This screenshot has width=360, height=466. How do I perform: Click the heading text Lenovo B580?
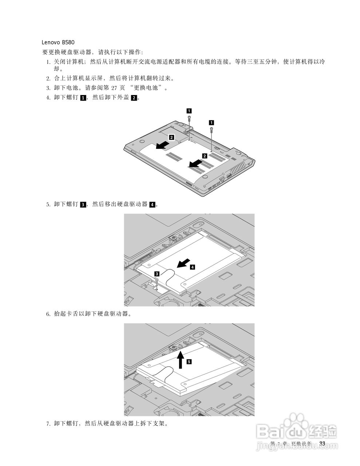(58, 42)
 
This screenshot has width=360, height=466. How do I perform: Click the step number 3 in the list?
(48, 88)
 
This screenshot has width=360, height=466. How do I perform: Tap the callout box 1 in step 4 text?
(83, 98)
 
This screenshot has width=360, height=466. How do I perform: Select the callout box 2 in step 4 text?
(134, 98)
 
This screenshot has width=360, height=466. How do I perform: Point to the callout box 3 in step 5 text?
(83, 205)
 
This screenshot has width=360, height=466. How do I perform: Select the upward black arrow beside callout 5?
(180, 360)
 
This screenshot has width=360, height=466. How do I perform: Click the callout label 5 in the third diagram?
(189, 362)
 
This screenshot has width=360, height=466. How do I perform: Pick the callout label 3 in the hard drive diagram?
(157, 273)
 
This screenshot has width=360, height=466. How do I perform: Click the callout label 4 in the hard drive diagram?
(192, 267)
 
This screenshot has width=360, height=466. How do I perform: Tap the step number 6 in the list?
(48, 314)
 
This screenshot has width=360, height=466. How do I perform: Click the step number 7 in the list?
(48, 424)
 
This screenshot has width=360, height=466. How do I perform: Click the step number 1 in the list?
(48, 62)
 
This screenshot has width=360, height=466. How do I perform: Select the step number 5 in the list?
(48, 205)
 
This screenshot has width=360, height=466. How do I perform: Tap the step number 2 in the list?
(48, 78)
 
